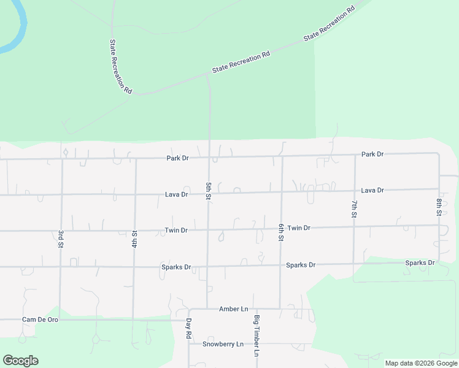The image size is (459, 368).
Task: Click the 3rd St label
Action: point(61,239)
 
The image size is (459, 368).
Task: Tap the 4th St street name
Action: point(134,239)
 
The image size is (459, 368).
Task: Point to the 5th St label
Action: point(209,191)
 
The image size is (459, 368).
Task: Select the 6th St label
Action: point(281,232)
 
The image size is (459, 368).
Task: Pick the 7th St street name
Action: point(354,209)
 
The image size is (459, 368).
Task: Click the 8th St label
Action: point(439,207)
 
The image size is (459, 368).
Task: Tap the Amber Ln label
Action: point(233,309)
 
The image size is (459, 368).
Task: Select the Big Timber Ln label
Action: point(257,336)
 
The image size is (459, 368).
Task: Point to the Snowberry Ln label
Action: point(223,343)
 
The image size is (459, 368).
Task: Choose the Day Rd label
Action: point(189,329)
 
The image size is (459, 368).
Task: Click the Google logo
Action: point(20,361)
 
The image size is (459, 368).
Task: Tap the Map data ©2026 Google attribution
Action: point(422,363)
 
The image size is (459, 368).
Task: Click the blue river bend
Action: point(18,31)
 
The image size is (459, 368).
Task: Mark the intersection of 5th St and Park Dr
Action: point(209,158)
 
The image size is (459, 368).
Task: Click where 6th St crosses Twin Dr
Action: point(281,228)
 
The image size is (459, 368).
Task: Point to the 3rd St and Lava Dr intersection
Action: point(61,195)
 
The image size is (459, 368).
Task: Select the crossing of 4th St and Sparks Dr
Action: point(134,267)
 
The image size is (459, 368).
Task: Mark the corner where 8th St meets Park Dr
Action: point(439,153)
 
